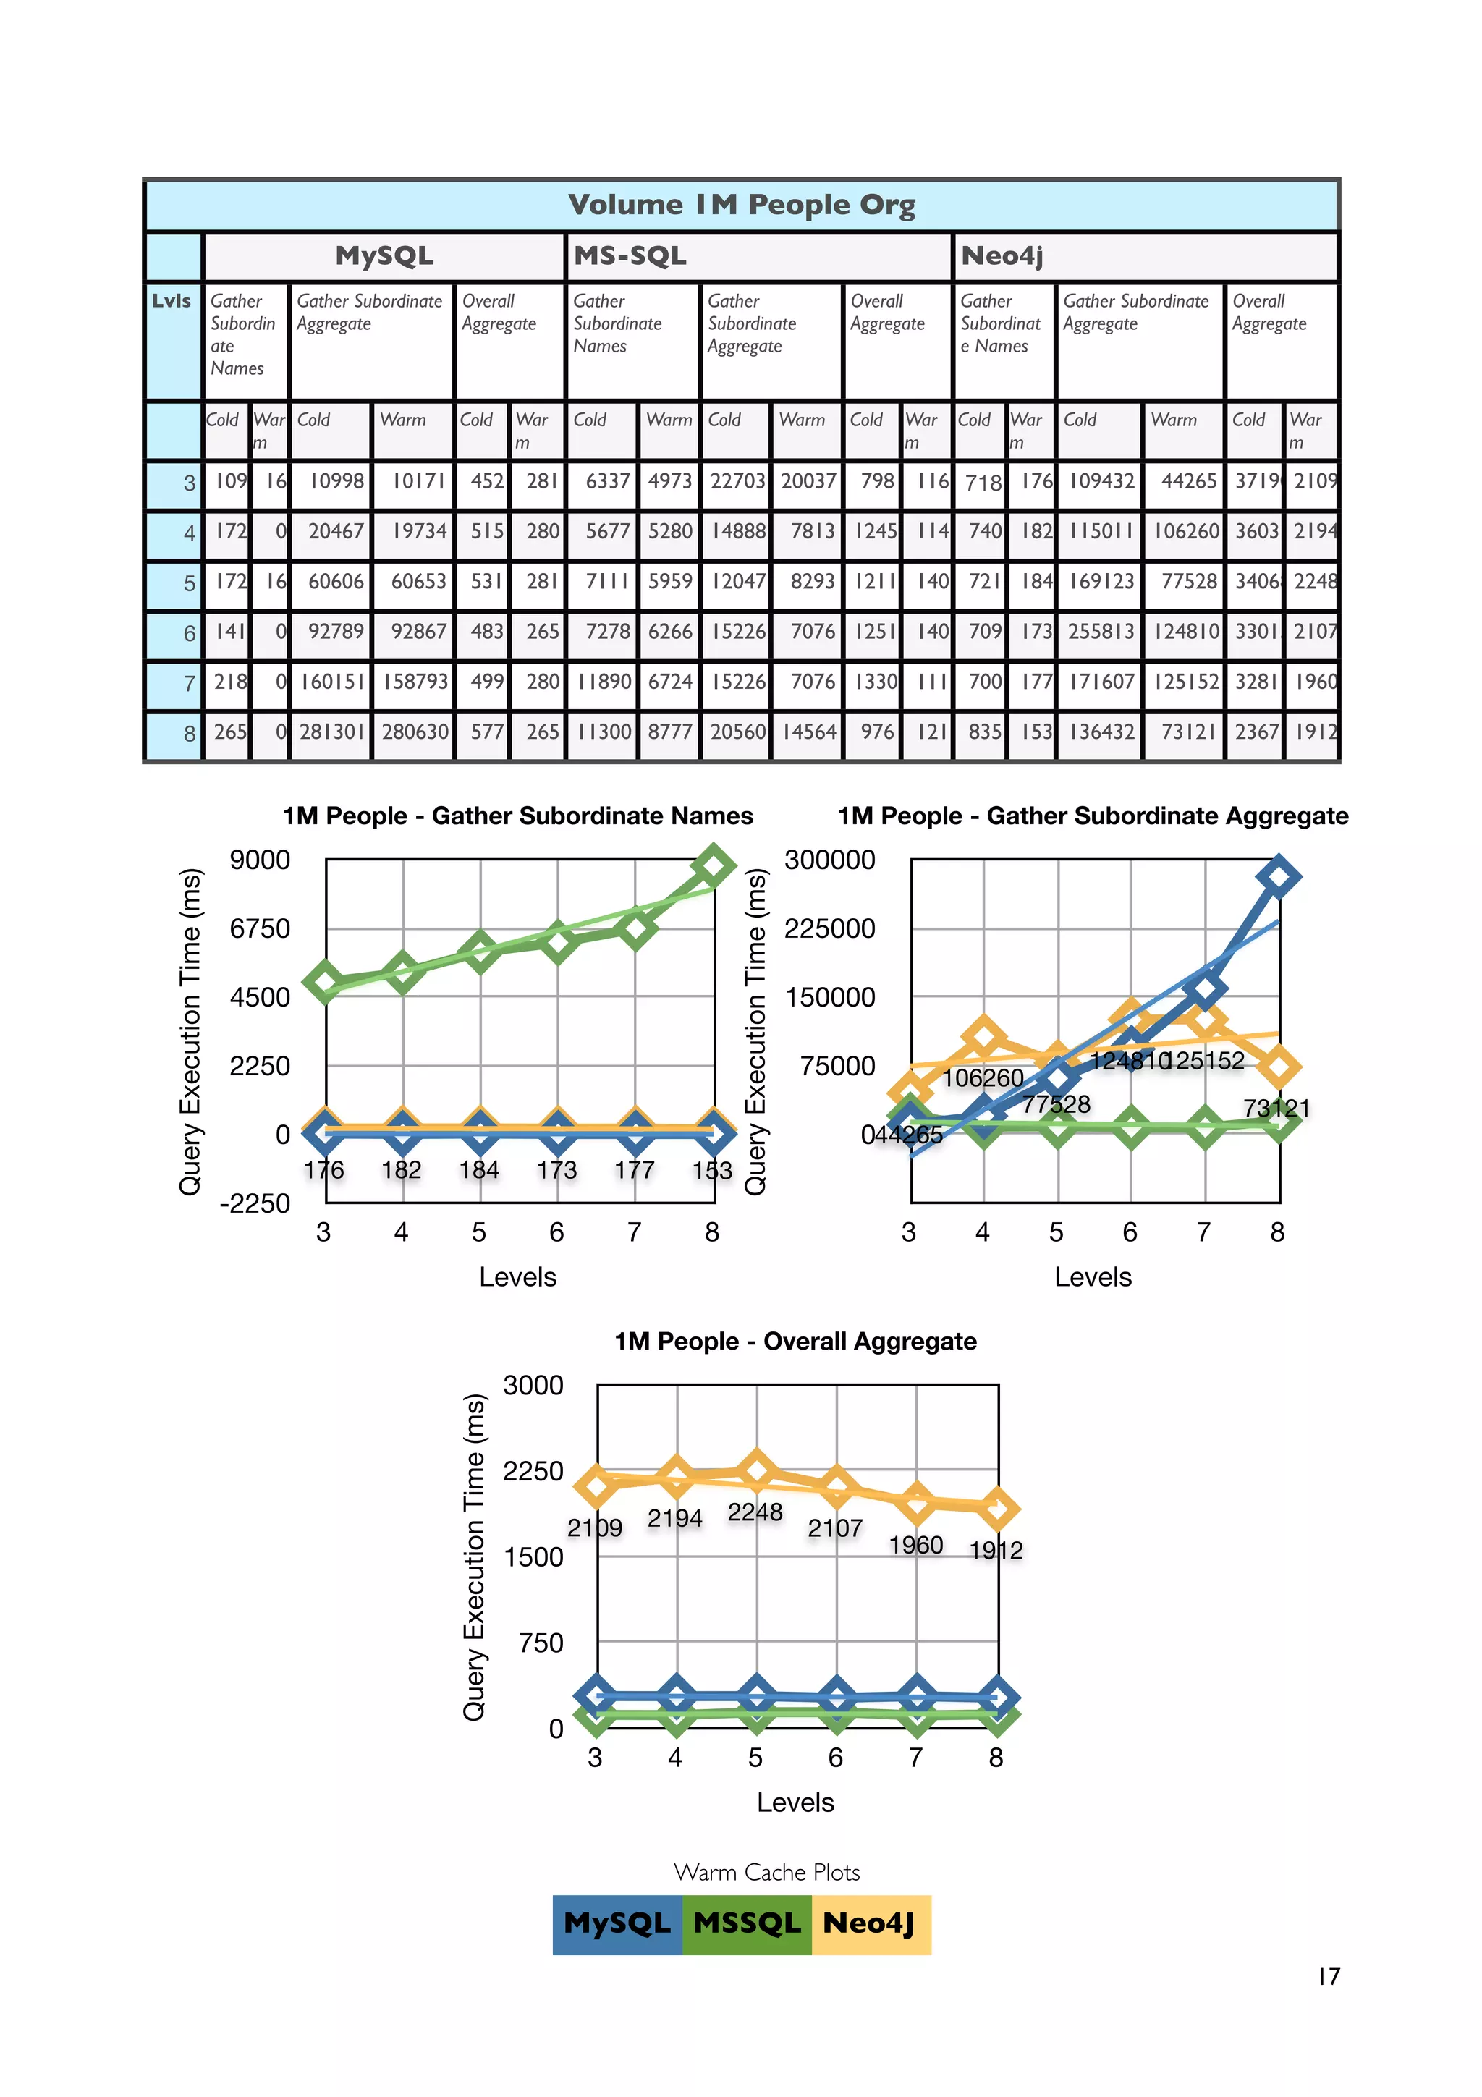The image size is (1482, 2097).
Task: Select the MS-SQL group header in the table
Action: point(630,255)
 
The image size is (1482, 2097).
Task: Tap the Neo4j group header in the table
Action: point(1002,255)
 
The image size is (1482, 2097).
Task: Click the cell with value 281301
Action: point(331,732)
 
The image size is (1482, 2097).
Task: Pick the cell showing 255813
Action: point(1101,631)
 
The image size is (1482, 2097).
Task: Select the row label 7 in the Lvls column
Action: point(189,683)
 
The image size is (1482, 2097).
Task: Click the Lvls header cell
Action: point(172,300)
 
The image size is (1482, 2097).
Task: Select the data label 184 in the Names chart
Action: point(478,1170)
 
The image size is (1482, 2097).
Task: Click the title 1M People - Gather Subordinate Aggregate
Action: point(1092,815)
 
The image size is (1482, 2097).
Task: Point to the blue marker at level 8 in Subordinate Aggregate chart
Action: point(1279,877)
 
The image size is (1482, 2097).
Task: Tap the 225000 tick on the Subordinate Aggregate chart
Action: point(829,929)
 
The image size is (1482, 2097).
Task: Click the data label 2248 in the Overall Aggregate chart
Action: point(755,1512)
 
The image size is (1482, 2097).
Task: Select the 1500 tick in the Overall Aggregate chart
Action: point(533,1557)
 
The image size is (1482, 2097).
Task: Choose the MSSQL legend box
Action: point(746,1924)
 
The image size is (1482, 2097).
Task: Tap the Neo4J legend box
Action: point(869,1924)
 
